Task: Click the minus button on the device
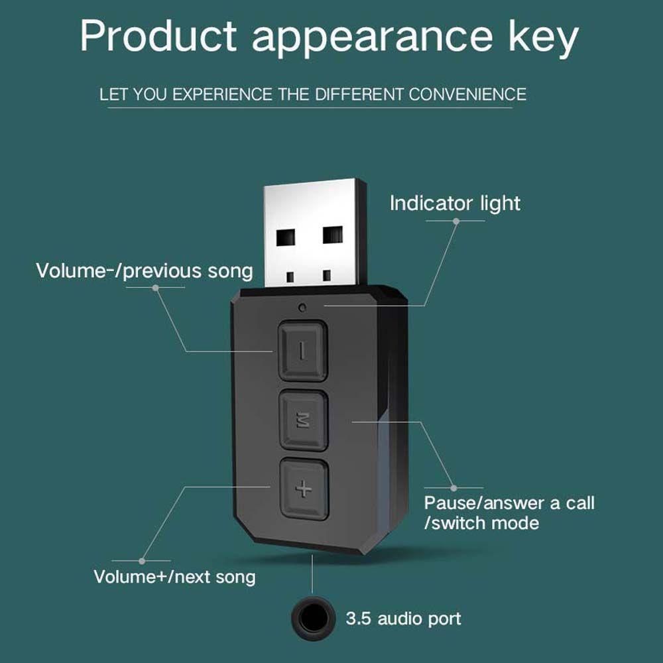[x=302, y=350]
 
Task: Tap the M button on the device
[x=302, y=420]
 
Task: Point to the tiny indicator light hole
[x=302, y=308]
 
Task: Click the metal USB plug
[x=316, y=232]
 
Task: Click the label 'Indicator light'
[x=455, y=204]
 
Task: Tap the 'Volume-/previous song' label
[x=144, y=271]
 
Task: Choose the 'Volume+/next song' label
[x=174, y=576]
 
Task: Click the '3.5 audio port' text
[x=403, y=619]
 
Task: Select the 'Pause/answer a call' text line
[x=509, y=503]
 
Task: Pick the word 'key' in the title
[x=542, y=40]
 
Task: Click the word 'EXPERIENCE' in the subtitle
[x=213, y=93]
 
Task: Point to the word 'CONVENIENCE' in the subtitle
[x=467, y=93]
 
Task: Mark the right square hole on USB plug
[x=333, y=234]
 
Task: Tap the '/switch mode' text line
[x=481, y=522]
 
